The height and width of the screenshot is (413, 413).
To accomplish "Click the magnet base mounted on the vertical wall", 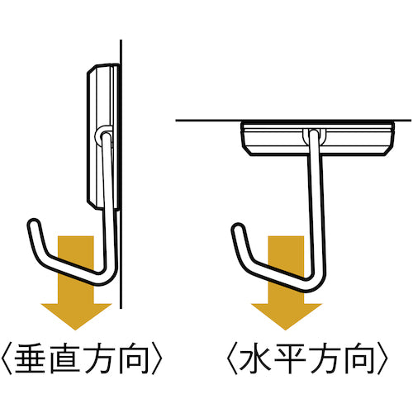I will [101, 132].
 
